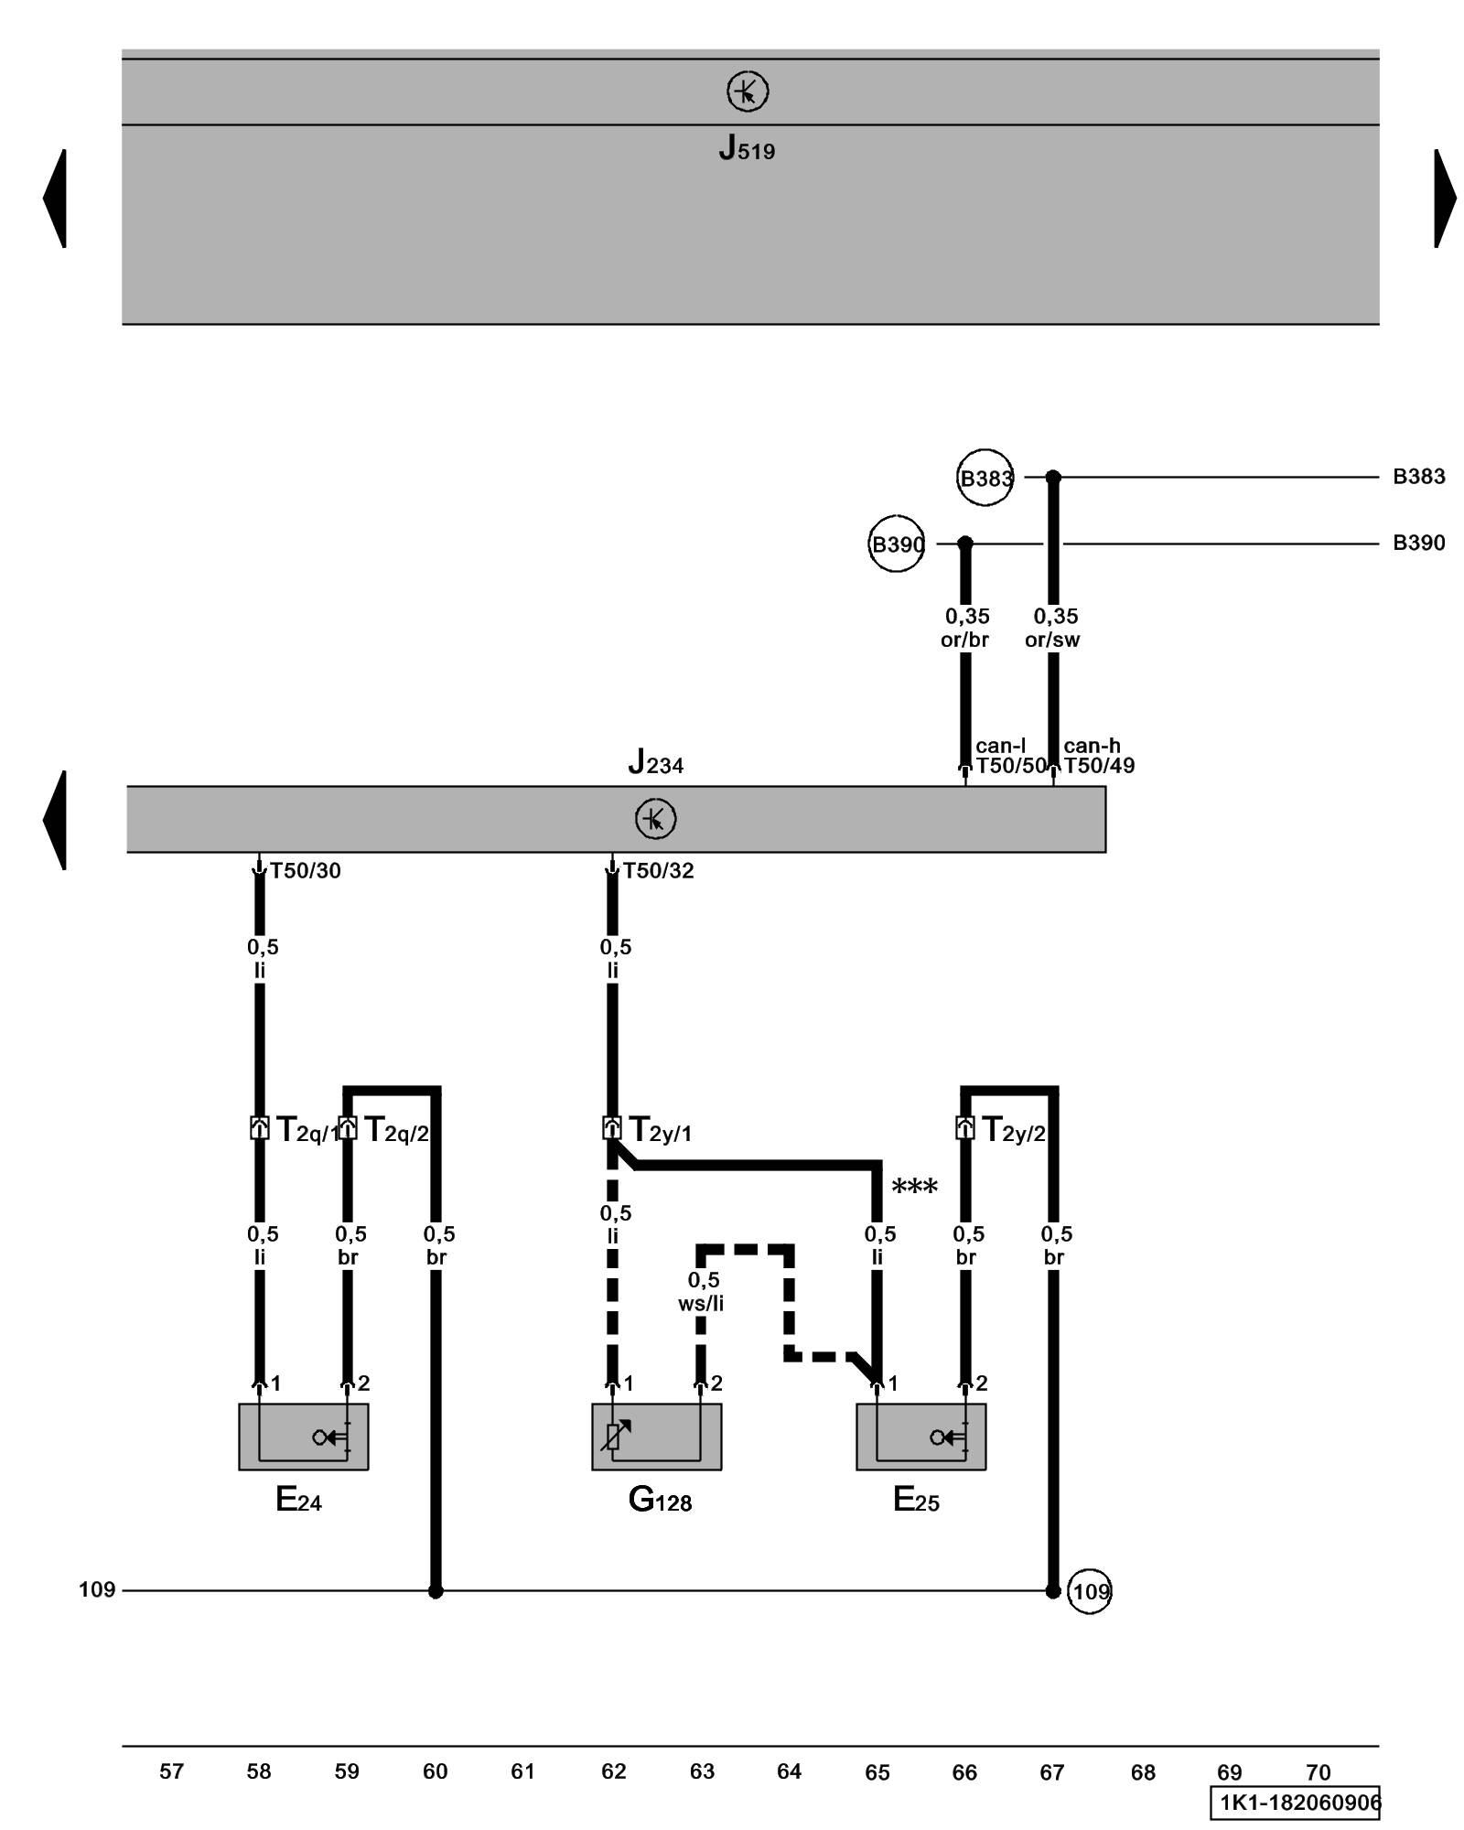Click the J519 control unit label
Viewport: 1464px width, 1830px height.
[x=746, y=147]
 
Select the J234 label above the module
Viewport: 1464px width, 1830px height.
[x=655, y=761]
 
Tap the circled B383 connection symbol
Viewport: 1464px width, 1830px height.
[x=985, y=477]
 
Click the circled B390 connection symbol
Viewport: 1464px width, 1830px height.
[x=897, y=544]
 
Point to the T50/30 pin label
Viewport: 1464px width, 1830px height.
[x=305, y=870]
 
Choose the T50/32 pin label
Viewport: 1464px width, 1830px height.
[x=658, y=870]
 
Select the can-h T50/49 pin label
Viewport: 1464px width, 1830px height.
[x=1097, y=757]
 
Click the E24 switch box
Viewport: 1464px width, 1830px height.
[x=303, y=1437]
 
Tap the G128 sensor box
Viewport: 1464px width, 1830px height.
[x=656, y=1437]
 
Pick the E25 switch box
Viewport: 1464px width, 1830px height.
[x=920, y=1437]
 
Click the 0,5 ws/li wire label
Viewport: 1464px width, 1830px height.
[x=701, y=1291]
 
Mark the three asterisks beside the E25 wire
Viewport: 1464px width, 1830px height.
[x=914, y=1187]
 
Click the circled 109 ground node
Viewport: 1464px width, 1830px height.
[x=1089, y=1591]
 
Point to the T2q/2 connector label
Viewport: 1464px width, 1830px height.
[x=395, y=1130]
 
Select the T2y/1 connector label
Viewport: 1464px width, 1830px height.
[x=659, y=1130]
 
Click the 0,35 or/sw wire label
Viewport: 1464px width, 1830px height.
[x=1053, y=628]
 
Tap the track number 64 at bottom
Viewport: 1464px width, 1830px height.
[x=789, y=1771]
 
